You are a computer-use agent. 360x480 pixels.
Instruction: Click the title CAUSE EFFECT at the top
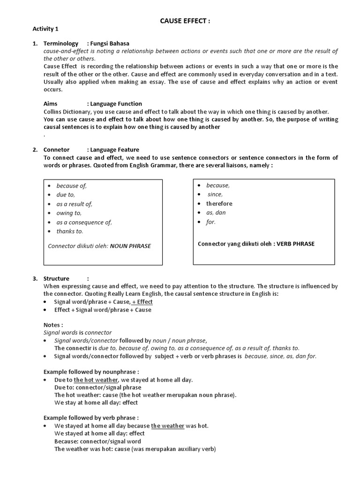(182, 21)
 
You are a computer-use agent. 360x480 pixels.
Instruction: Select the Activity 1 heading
(45, 29)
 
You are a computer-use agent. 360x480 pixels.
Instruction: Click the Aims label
(51, 104)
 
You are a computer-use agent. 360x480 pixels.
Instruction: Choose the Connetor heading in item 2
(57, 150)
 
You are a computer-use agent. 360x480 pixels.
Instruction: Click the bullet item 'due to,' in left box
(66, 195)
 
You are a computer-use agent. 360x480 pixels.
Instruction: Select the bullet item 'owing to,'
(68, 213)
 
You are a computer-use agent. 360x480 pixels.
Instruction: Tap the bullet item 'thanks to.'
(69, 231)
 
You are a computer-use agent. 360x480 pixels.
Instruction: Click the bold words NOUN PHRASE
(130, 246)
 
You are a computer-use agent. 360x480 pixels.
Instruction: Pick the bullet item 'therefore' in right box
(219, 203)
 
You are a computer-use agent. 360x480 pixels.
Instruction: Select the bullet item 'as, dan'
(216, 212)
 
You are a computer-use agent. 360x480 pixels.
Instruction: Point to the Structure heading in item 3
(56, 278)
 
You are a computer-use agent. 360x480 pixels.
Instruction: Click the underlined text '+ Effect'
(142, 302)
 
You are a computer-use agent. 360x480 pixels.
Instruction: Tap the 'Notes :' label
(53, 325)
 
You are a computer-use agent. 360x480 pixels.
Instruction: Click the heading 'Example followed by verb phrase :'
(91, 418)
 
